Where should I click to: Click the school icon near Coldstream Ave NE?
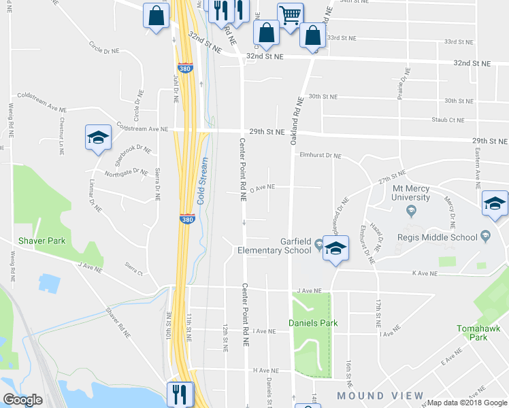(x=98, y=137)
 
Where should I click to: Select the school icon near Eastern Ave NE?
(x=495, y=203)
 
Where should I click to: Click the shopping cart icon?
(x=290, y=14)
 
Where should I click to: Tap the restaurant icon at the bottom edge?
(x=180, y=394)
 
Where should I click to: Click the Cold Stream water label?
(x=202, y=181)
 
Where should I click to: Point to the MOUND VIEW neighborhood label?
(x=380, y=396)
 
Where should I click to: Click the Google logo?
(x=22, y=400)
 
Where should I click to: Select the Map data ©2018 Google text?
(x=466, y=403)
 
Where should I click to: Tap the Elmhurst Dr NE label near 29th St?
(x=320, y=156)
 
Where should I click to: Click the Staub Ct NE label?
(x=448, y=120)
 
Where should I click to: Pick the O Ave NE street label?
(x=262, y=186)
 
